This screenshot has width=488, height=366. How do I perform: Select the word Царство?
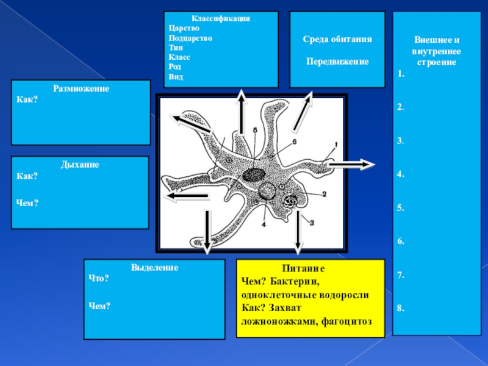[181, 28]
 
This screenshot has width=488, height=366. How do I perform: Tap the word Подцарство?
[190, 38]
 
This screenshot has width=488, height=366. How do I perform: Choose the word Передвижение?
[337, 62]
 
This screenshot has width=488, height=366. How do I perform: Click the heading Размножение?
[81, 89]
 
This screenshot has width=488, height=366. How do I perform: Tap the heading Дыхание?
[80, 165]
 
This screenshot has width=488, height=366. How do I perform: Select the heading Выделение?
[154, 268]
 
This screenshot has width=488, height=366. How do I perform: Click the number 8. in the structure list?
[400, 309]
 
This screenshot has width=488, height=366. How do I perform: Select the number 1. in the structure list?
[400, 74]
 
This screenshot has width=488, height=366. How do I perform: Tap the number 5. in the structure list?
[400, 207]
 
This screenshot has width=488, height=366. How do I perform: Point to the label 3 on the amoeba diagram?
[312, 223]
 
